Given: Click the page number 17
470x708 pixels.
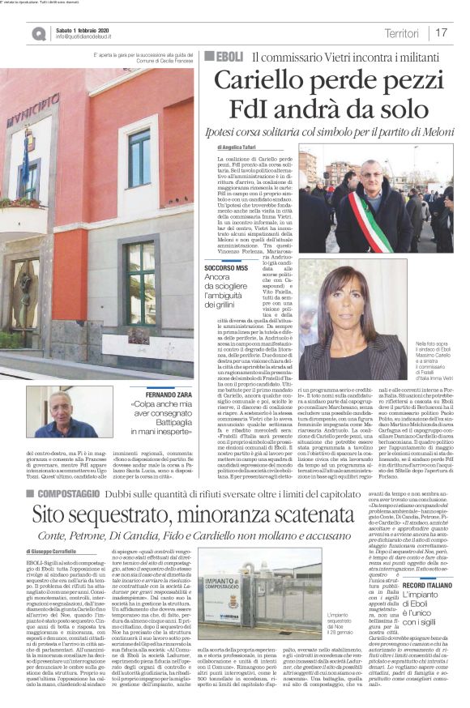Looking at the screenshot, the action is [x=442, y=32].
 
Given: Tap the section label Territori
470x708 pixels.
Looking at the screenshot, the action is [x=401, y=32].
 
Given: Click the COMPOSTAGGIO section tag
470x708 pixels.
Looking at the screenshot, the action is [x=65, y=469].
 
